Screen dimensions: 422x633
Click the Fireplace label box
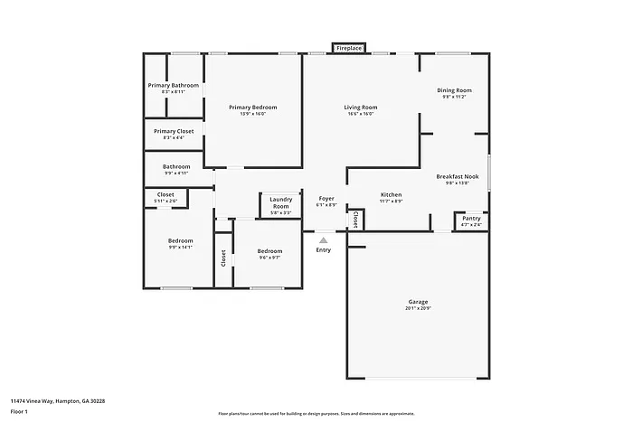click(x=349, y=47)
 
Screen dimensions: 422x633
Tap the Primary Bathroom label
click(x=173, y=86)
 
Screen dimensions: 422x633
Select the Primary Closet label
click(x=173, y=131)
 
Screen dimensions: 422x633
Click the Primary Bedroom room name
click(x=253, y=107)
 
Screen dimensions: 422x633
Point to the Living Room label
click(x=360, y=107)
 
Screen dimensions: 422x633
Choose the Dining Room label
click(x=454, y=90)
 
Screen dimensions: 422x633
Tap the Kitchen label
click(x=391, y=195)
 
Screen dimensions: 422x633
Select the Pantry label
click(x=471, y=219)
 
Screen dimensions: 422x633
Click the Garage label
click(x=418, y=302)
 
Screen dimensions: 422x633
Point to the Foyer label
click(x=326, y=199)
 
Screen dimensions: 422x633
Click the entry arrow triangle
click(x=323, y=239)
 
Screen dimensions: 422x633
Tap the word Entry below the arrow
click(x=323, y=250)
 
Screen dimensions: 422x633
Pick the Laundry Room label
click(x=280, y=202)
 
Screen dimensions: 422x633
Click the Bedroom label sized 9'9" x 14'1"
click(x=180, y=240)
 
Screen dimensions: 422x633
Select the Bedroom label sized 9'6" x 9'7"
click(x=269, y=251)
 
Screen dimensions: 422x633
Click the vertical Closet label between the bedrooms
click(x=223, y=258)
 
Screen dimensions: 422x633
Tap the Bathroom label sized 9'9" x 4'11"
click(x=176, y=166)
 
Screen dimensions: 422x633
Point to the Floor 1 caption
click(x=20, y=411)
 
